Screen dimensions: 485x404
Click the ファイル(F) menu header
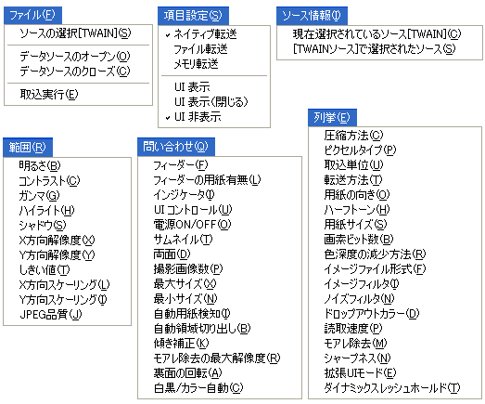32,15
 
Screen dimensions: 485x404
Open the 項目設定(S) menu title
193,16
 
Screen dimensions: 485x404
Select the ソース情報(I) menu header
312,16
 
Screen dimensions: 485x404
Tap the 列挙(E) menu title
332,117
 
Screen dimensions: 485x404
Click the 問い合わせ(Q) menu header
176,147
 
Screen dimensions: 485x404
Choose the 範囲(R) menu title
28,147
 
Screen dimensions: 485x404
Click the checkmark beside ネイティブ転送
168,35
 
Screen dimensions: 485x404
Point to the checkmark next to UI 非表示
168,118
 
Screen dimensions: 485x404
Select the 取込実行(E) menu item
49,94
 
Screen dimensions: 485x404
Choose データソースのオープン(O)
75,57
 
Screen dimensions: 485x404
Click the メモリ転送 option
196,64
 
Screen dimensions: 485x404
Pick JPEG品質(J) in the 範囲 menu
51,315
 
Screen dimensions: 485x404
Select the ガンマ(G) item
39,195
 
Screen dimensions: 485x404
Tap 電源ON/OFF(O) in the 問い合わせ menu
192,225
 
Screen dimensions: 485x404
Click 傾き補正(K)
181,343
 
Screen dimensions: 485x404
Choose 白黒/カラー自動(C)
198,388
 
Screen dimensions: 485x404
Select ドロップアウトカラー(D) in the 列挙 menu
372,314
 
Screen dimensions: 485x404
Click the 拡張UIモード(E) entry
360,372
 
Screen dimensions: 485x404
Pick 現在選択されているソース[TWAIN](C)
377,33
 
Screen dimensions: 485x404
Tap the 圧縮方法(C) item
353,135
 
